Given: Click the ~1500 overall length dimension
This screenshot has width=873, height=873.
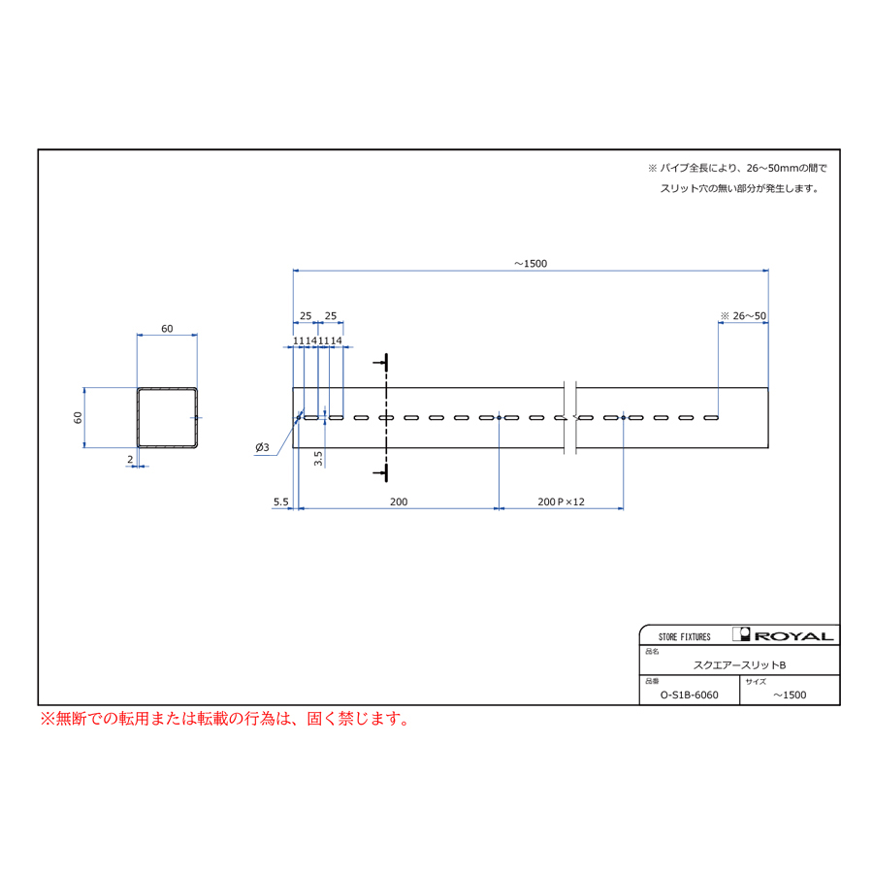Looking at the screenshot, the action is pos(531,263).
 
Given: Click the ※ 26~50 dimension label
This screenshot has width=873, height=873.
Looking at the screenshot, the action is pos(743,315).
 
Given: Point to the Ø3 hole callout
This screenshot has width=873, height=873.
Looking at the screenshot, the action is pos(262,447).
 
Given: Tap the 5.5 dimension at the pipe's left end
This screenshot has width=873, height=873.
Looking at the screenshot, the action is pos(281,501).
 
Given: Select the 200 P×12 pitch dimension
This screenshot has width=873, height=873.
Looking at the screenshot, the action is pos(562,501).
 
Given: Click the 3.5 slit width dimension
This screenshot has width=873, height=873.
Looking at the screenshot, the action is pos(318,458).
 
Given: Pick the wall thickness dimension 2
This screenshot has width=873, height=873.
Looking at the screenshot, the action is pos(130,460).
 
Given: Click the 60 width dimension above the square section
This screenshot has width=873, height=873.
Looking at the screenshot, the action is pos(167,329).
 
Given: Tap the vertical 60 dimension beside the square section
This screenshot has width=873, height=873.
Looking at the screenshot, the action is pos(78,417).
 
